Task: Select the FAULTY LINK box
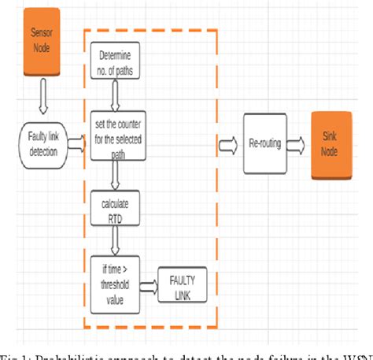(181, 284)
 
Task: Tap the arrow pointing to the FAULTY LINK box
(150, 284)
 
